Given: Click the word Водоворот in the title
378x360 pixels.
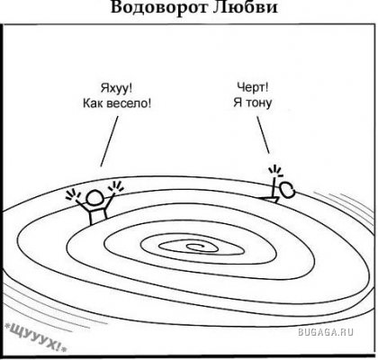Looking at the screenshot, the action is click(158, 7).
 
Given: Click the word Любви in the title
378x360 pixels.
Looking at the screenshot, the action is click(246, 7).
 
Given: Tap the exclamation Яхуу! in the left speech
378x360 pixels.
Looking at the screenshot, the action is click(116, 89).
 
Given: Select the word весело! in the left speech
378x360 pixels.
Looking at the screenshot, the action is click(130, 103).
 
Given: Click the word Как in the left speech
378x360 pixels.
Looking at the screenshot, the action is click(94, 103).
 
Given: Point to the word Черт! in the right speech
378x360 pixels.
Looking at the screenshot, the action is click(253, 87).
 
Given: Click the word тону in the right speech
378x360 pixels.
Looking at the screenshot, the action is click(259, 103).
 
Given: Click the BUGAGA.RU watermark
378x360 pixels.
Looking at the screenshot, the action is click(326, 332).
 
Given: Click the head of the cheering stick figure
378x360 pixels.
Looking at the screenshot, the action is click(95, 199).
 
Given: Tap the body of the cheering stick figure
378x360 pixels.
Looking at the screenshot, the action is click(98, 216).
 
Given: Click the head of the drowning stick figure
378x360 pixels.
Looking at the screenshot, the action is click(287, 190).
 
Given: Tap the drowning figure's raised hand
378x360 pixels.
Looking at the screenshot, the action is click(275, 171).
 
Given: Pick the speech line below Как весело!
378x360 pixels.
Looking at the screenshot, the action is click(109, 141).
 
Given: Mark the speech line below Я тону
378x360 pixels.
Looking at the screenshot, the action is click(263, 134).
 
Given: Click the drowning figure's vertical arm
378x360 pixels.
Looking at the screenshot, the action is click(274, 188).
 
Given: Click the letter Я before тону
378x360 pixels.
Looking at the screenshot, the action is click(238, 103).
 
